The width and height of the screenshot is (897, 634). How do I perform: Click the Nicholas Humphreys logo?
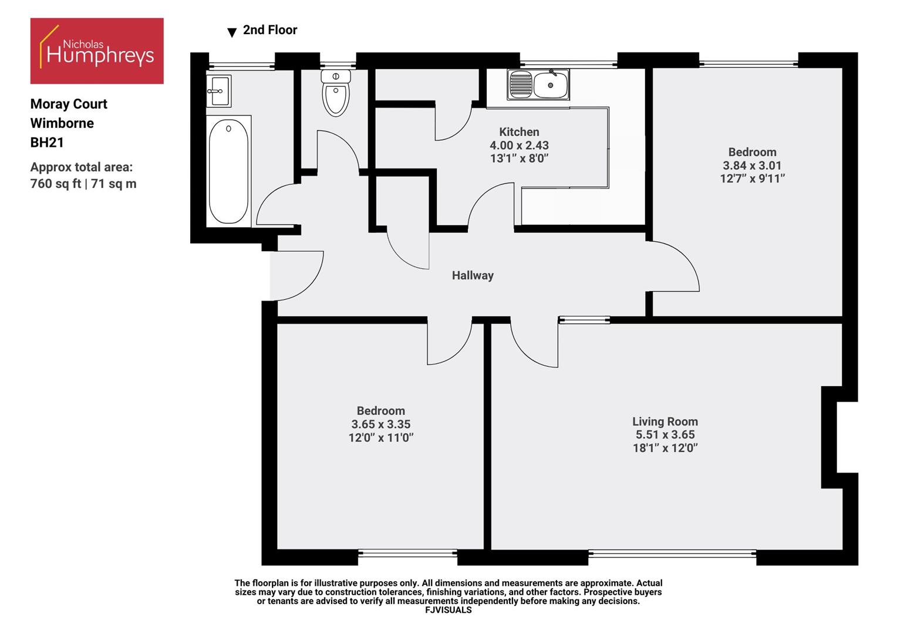coord(97,50)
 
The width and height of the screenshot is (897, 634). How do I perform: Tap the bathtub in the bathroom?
coord(228,171)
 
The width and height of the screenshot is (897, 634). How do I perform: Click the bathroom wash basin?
coord(219,90)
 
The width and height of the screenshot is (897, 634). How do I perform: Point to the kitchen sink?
coord(538,85)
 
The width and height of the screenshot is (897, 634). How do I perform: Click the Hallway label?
coord(473,275)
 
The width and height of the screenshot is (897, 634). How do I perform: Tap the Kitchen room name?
coord(519,132)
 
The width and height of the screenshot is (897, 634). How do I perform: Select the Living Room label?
coord(665,421)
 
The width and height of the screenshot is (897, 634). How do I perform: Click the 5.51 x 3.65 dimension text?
coord(665,435)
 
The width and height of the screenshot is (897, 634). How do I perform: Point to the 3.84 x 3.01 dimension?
coord(752,166)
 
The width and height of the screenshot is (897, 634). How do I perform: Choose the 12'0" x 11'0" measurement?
coord(381,437)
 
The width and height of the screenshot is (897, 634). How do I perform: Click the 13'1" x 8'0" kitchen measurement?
coord(519,158)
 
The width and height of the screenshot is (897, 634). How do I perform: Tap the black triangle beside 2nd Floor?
coord(232,32)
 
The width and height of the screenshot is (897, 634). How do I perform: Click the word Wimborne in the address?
coord(62,123)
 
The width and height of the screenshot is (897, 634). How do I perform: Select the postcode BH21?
coord(47,143)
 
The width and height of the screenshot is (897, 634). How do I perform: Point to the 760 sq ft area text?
coord(56,184)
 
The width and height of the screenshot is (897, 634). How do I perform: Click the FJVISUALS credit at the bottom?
coord(448,610)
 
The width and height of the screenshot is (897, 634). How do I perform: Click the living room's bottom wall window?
coord(672,552)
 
